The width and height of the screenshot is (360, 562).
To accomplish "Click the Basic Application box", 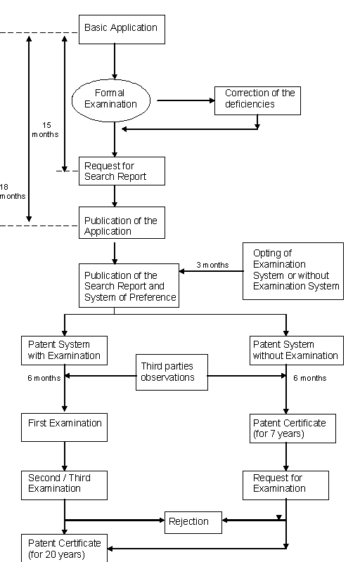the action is (x=122, y=30).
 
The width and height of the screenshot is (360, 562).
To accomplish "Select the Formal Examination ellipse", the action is (x=111, y=100).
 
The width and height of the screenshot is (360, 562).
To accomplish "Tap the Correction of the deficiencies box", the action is (x=257, y=100).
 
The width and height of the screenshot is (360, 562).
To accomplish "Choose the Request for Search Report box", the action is (x=122, y=171).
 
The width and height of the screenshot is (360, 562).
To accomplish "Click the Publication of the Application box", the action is (x=122, y=223).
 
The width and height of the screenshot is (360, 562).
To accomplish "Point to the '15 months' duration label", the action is (x=46, y=130).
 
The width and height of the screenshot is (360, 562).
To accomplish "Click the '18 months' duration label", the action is (x=13, y=191).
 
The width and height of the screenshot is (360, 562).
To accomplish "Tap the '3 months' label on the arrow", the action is (x=212, y=265).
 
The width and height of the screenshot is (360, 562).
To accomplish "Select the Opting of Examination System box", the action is (x=293, y=271).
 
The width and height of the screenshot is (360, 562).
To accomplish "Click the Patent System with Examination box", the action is (x=64, y=351).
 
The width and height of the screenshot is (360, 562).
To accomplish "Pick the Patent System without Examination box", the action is (x=297, y=351).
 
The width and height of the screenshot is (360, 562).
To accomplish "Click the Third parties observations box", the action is (x=172, y=372).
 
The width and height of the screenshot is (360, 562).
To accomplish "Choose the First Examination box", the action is (x=64, y=428).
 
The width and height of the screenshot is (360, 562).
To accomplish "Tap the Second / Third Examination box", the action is (x=64, y=485).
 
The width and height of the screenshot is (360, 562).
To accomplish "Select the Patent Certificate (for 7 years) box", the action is (x=293, y=429).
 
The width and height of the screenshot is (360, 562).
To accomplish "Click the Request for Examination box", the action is (x=285, y=485).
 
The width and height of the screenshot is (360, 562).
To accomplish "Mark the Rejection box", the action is (x=193, y=523).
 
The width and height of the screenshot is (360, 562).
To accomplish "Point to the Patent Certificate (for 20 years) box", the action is (x=64, y=548).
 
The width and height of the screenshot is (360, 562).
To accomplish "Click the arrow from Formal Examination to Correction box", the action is (x=186, y=100).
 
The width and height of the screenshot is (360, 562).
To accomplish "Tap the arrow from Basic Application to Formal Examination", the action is (x=115, y=62).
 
